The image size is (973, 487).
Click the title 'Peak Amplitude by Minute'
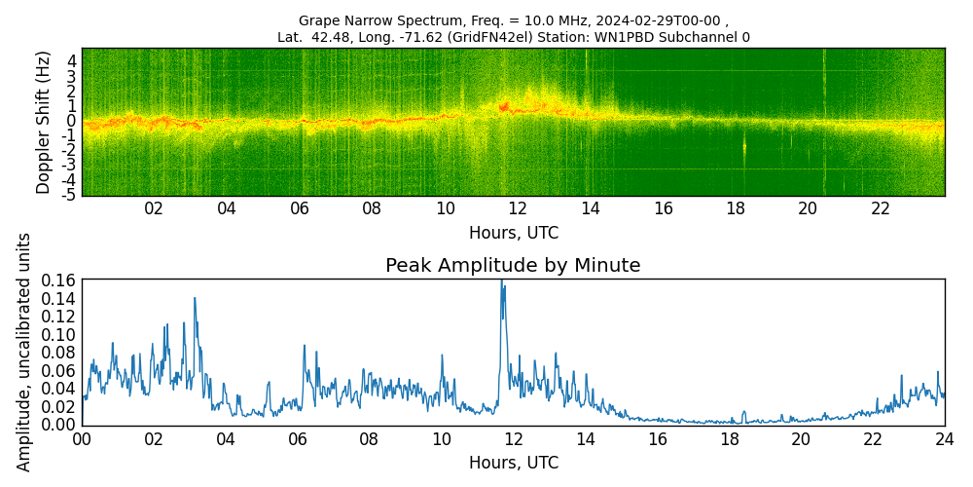(513, 266)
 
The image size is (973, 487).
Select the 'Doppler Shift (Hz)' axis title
(44, 122)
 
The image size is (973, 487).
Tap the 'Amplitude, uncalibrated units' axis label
(24, 352)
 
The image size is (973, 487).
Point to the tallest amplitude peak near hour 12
(502, 282)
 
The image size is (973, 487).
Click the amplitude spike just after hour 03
(195, 299)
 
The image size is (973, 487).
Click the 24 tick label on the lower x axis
(944, 439)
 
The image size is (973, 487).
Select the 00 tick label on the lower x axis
(82, 439)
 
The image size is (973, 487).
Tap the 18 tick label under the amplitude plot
(729, 439)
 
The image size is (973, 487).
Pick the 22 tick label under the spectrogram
(881, 208)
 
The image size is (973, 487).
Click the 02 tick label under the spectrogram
(154, 208)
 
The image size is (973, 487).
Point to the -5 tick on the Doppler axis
(70, 196)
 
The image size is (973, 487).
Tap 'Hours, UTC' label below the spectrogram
(513, 233)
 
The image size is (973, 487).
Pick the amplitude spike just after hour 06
(304, 346)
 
